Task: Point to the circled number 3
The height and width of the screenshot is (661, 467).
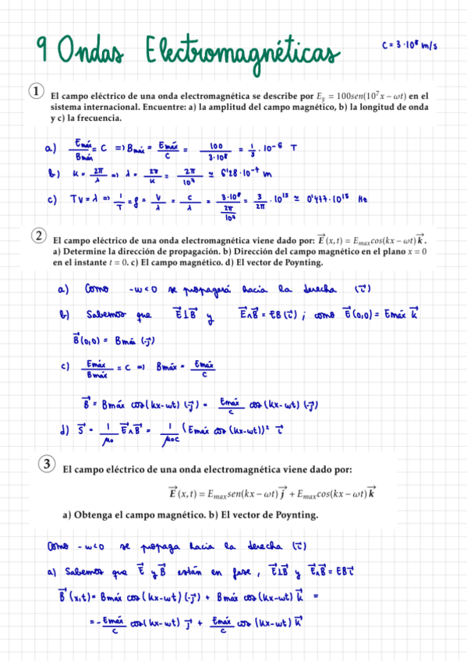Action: point(47,465)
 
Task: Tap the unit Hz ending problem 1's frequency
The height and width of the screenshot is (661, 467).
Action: point(362,200)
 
